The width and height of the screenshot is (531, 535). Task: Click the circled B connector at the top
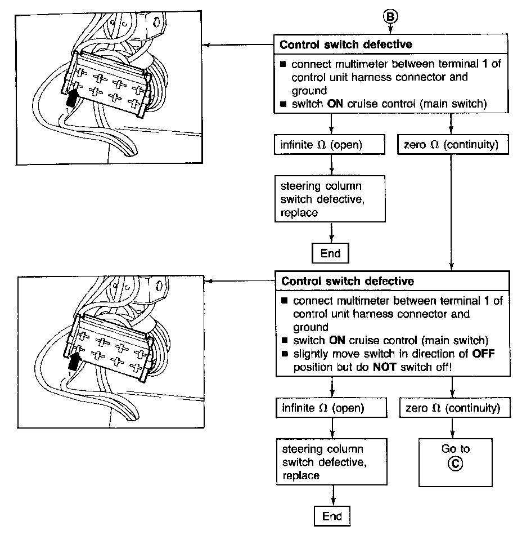point(390,16)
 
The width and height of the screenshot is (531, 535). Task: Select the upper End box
point(331,253)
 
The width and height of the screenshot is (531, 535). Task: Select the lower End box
point(332,516)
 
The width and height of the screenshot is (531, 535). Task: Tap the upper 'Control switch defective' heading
point(346,44)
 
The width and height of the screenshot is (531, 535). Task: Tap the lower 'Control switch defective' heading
point(348,280)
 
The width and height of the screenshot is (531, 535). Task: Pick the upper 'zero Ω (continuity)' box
point(451,145)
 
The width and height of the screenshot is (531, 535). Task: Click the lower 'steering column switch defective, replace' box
point(332,462)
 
